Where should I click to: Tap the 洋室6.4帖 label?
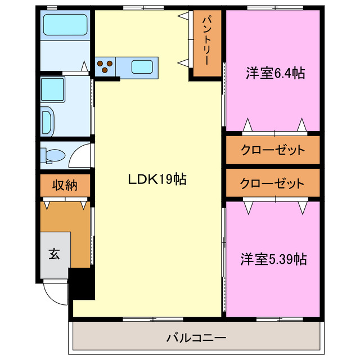coord(275,73)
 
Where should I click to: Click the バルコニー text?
coord(196,338)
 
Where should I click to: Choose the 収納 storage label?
coord(65,184)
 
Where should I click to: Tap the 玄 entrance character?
coord(53,254)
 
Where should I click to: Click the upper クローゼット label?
coord(273,150)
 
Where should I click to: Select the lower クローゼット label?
coord(273,183)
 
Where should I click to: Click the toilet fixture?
coord(53,155)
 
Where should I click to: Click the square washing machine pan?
coord(55,89)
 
